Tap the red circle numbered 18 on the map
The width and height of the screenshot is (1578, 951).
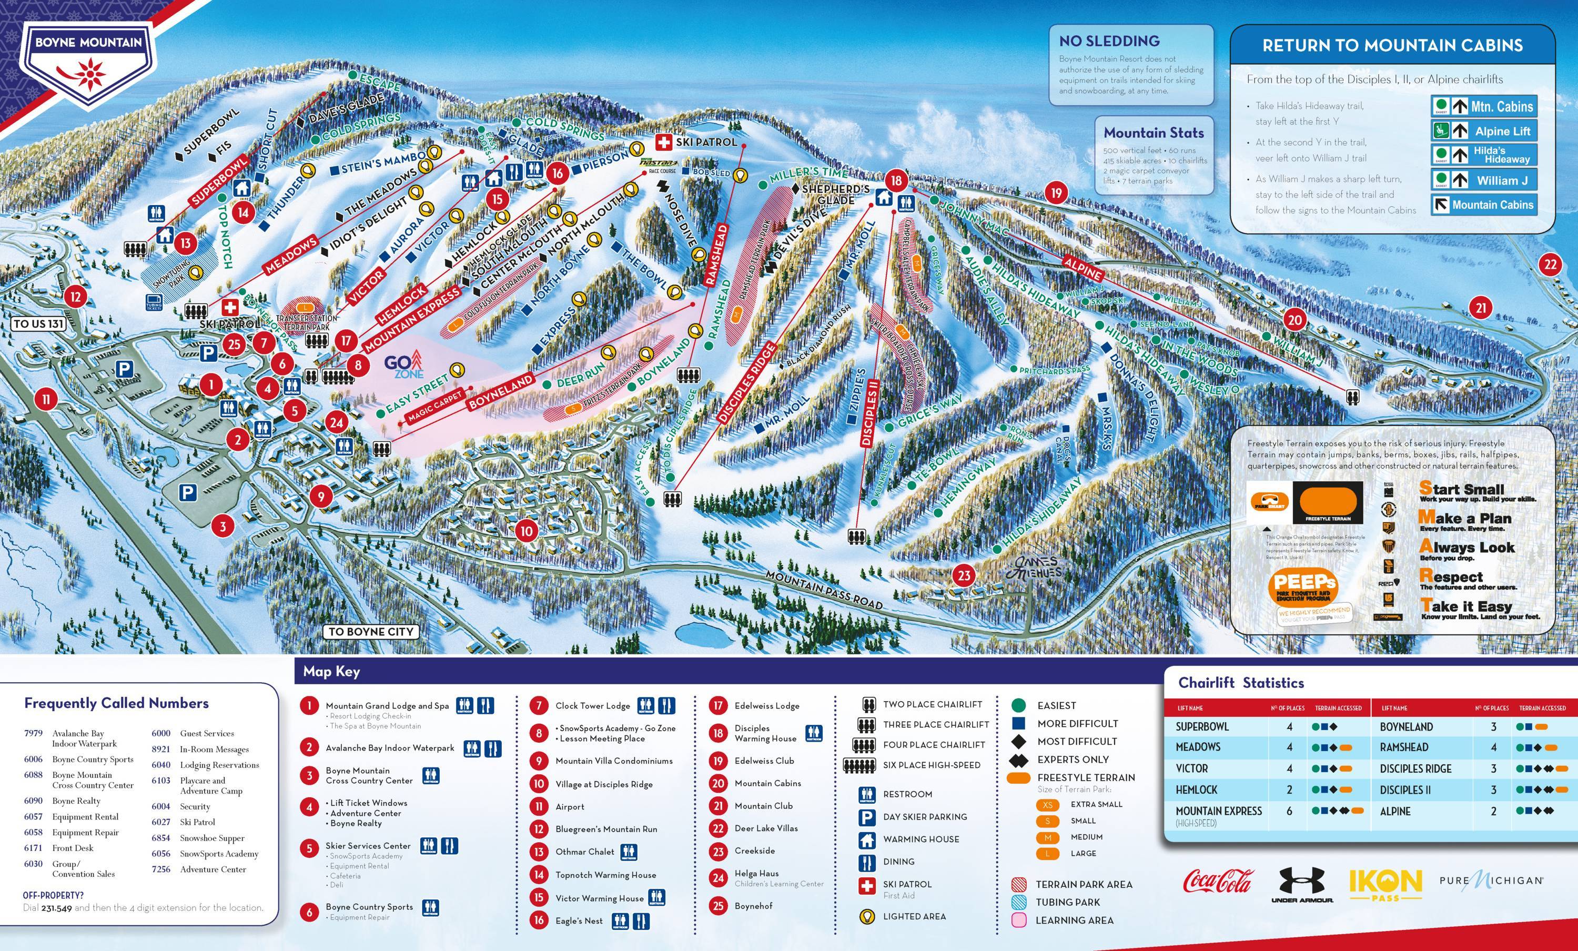click(896, 180)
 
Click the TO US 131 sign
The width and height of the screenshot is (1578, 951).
click(38, 323)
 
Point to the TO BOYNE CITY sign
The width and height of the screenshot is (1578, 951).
click(371, 631)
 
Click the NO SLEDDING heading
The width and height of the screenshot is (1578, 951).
click(1109, 41)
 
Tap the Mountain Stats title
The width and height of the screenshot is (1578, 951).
click(1154, 133)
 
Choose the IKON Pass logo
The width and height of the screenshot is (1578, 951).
click(1385, 884)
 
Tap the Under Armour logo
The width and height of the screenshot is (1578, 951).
click(1302, 884)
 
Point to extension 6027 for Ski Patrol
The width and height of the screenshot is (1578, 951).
click(161, 822)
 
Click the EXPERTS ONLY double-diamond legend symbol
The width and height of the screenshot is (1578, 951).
click(1018, 760)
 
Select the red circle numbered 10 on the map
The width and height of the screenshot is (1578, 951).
click(526, 531)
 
